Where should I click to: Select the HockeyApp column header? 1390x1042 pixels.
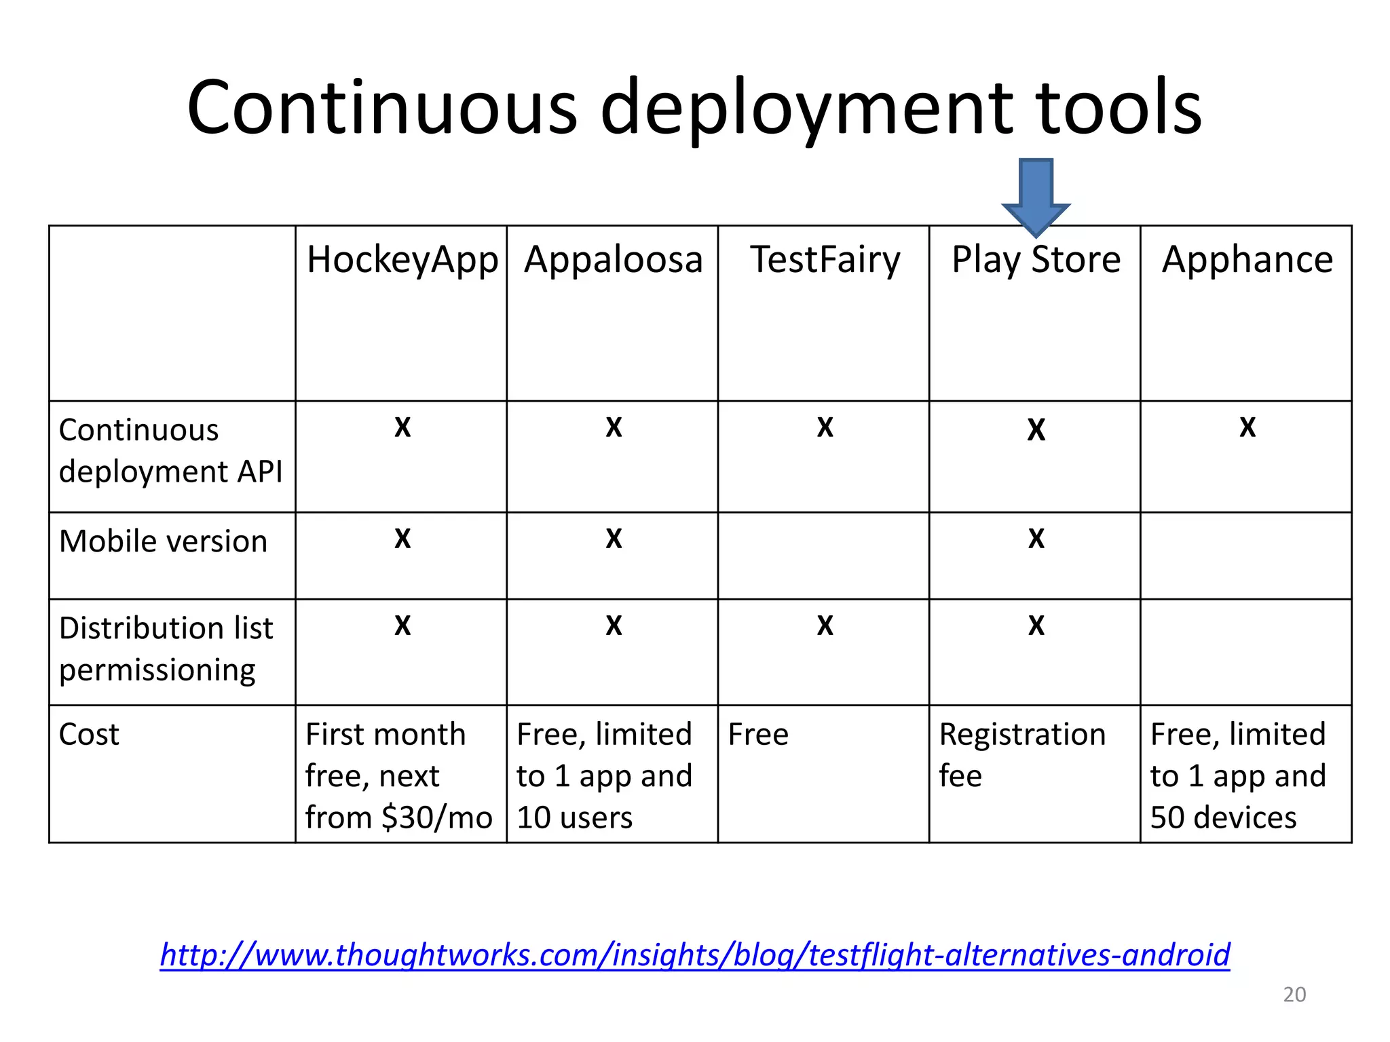click(402, 260)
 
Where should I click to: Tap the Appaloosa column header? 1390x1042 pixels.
click(613, 260)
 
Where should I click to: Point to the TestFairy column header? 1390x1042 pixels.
click(825, 260)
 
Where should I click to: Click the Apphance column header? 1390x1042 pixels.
click(1247, 260)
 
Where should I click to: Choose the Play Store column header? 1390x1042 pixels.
click(1036, 260)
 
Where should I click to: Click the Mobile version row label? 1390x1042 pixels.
click(163, 541)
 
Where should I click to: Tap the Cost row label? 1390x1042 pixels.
click(89, 734)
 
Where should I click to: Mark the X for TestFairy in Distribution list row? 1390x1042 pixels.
click(825, 625)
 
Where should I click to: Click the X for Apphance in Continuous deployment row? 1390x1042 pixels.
click(1247, 427)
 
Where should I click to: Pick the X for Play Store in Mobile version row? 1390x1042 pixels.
click(1036, 539)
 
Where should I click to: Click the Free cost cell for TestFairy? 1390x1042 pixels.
click(758, 734)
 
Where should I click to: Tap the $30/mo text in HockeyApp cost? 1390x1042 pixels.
click(436, 817)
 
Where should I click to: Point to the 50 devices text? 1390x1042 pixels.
click(1223, 817)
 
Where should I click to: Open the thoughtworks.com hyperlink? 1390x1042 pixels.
click(695, 954)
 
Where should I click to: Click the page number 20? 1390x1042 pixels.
click(1294, 995)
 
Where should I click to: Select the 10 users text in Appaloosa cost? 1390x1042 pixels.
click(574, 817)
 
